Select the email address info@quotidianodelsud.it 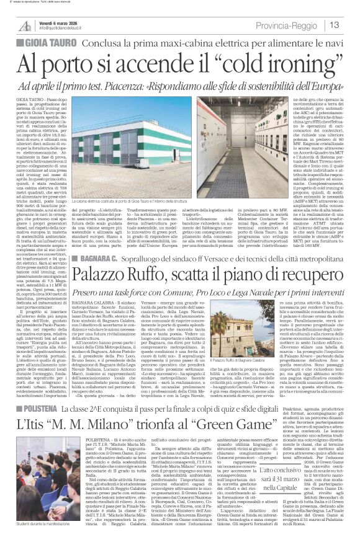65,28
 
